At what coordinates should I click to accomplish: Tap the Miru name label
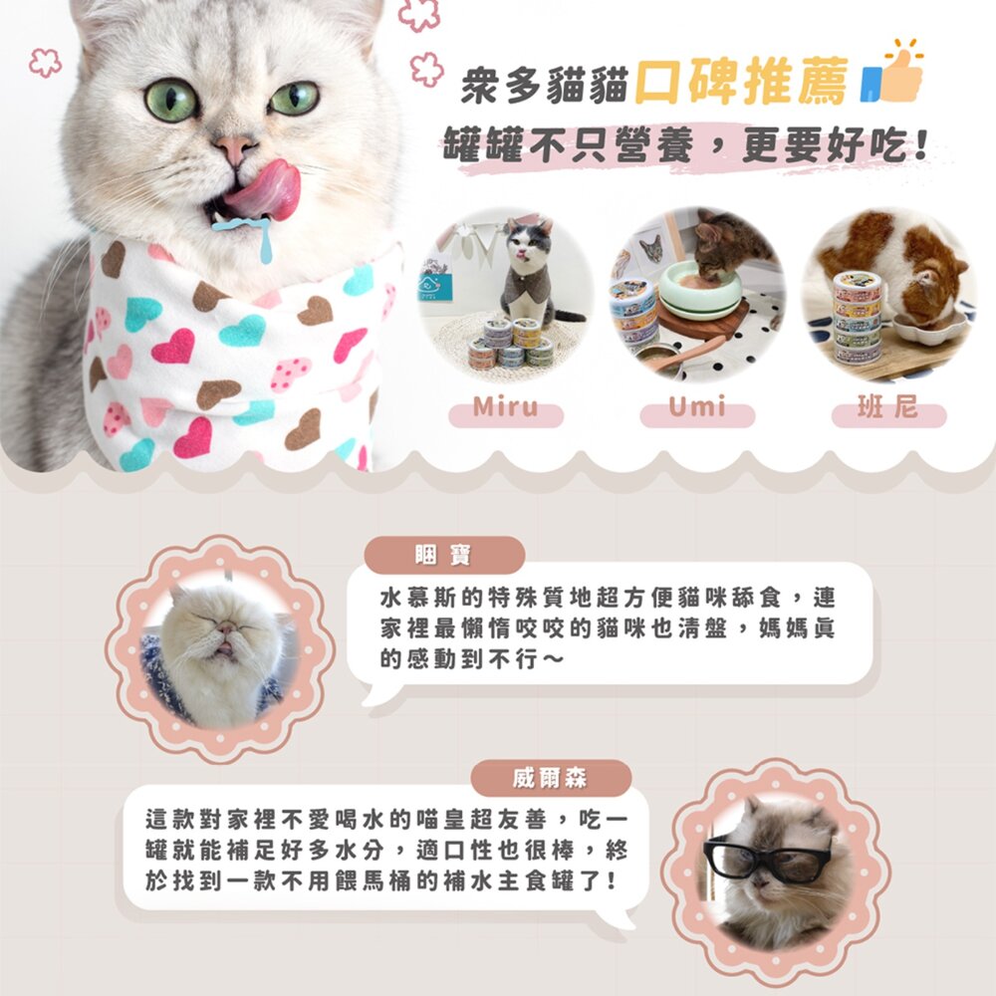[506, 410]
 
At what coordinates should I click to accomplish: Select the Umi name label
[697, 410]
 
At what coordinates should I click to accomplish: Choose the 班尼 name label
[888, 410]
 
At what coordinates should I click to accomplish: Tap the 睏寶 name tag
[444, 555]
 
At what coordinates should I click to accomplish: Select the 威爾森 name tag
[551, 778]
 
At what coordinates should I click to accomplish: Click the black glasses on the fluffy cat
[767, 857]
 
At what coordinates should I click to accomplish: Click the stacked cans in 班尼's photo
[857, 317]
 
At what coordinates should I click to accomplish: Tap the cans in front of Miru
[511, 344]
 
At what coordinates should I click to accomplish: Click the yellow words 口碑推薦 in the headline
[742, 81]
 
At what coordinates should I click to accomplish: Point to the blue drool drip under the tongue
[251, 234]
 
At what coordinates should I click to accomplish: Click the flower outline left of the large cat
[46, 62]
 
